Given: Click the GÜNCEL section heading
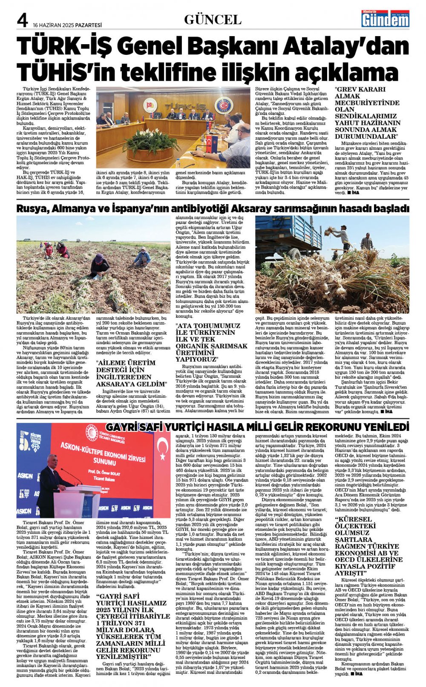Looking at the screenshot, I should tap(213, 20).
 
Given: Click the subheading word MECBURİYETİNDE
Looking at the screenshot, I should tap(367, 103).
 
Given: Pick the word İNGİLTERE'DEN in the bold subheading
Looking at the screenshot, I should tap(124, 377).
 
